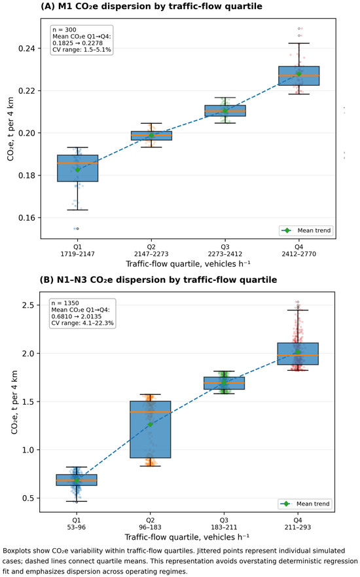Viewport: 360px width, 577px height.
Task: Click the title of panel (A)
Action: pos(151,7)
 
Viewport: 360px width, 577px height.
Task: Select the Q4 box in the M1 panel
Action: pos(298,76)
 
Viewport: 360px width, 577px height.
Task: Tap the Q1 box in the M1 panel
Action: pos(78,168)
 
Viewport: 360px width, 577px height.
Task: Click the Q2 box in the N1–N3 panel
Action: pos(150,430)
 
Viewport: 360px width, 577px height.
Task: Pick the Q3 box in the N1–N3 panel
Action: pos(224,383)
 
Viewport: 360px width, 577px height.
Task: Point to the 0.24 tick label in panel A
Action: pos(26,48)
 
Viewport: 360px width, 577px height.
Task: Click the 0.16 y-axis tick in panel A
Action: pos(26,218)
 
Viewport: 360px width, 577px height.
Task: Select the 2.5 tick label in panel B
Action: pos(27,305)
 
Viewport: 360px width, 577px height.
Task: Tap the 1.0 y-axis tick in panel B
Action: pos(27,450)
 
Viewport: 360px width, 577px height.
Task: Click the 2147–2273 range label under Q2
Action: pos(151,254)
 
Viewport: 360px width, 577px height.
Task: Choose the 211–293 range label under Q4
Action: pos(297,527)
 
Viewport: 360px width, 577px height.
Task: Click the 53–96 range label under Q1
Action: pos(76,527)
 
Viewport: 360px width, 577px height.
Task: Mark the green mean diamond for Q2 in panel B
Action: pos(150,424)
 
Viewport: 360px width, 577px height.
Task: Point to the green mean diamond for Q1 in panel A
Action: pos(78,170)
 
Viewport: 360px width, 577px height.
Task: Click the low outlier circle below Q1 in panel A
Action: pos(77,229)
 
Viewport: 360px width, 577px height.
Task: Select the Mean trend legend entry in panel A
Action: pos(306,231)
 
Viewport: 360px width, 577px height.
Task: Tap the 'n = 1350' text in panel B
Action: pos(65,303)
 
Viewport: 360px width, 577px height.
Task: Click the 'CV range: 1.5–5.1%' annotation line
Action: pos(82,50)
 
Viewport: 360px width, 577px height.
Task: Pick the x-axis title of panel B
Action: pos(187,537)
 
